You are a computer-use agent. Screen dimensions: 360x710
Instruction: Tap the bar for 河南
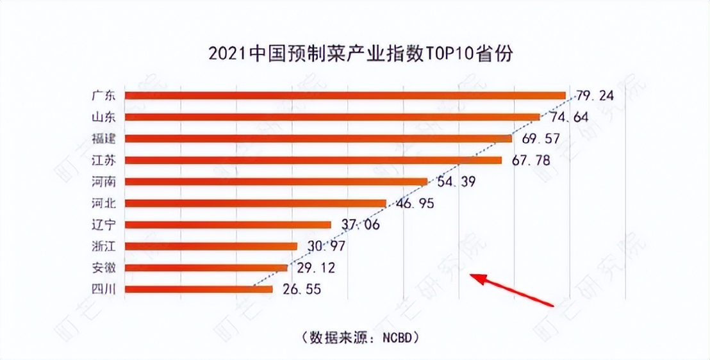click(x=276, y=182)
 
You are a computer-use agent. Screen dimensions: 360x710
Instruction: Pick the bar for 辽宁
click(x=227, y=225)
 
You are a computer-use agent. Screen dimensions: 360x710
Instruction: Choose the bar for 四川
click(x=198, y=290)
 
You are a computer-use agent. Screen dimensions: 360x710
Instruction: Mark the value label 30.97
click(x=327, y=247)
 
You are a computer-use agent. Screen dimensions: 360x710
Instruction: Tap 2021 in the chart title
click(x=226, y=54)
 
